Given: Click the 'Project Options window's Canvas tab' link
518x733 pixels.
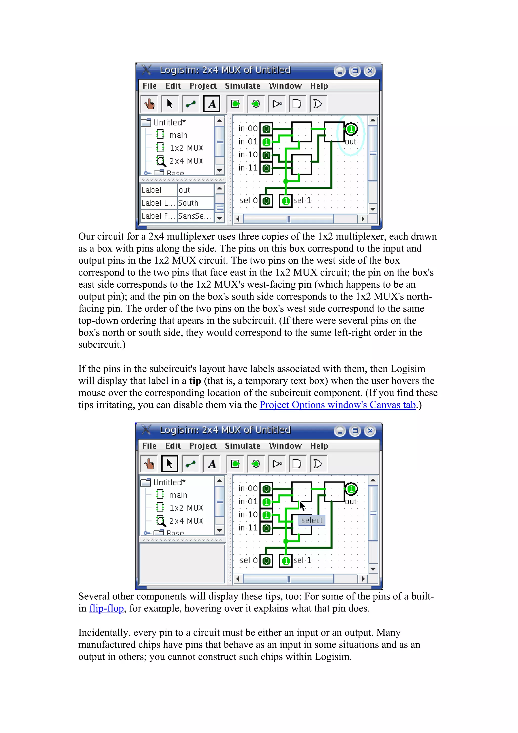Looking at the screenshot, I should (x=337, y=405).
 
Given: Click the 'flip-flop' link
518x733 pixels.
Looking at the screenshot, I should (x=106, y=608).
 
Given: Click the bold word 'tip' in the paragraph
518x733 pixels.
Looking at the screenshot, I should (x=195, y=381).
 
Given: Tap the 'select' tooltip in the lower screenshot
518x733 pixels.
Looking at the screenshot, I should (x=312, y=520).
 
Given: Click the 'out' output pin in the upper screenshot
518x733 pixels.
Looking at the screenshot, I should (x=351, y=129).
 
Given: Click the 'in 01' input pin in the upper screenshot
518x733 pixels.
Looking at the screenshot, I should (x=266, y=142).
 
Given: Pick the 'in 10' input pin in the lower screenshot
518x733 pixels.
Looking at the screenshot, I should (x=266, y=515).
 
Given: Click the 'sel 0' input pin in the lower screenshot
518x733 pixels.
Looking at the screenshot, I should (x=266, y=561).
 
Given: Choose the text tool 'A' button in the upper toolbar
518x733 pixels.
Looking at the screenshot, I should (x=212, y=104).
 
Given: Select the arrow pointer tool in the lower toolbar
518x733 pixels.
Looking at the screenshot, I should (x=169, y=464).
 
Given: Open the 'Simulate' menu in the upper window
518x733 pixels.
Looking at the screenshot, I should (x=242, y=86).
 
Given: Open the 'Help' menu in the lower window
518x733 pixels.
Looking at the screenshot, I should (x=319, y=446).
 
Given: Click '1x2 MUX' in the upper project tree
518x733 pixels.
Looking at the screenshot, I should (x=186, y=148).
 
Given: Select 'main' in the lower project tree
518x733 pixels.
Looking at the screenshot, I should (x=178, y=495).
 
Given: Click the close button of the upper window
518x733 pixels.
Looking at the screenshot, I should (x=370, y=71).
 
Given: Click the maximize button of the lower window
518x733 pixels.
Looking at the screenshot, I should (x=355, y=431).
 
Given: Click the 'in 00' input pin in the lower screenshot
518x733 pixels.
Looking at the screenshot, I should (x=266, y=489).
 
